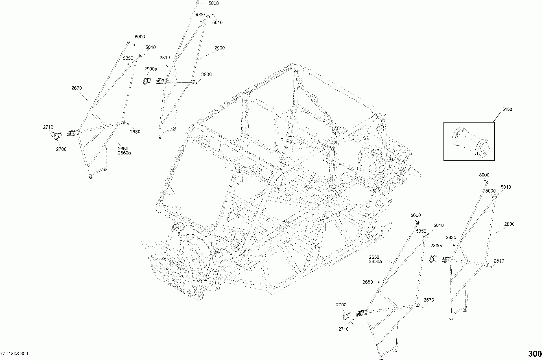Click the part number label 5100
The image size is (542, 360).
[506, 109]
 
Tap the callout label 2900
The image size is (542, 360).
[219, 48]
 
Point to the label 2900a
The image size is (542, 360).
[151, 69]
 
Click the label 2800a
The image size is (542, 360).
[437, 246]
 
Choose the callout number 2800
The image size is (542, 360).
[509, 224]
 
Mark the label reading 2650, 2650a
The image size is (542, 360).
[375, 259]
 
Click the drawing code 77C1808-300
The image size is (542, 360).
[14, 354]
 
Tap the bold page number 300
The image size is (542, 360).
[533, 354]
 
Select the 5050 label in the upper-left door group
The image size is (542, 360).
[128, 58]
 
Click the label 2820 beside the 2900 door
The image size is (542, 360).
[206, 75]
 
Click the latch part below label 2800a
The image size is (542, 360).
[432, 258]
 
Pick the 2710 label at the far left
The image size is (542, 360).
[48, 127]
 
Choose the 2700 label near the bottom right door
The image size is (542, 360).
[341, 305]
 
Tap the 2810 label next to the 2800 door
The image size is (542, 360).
[499, 261]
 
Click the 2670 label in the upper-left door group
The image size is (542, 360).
[77, 88]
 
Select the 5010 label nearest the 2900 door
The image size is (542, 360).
[217, 22]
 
